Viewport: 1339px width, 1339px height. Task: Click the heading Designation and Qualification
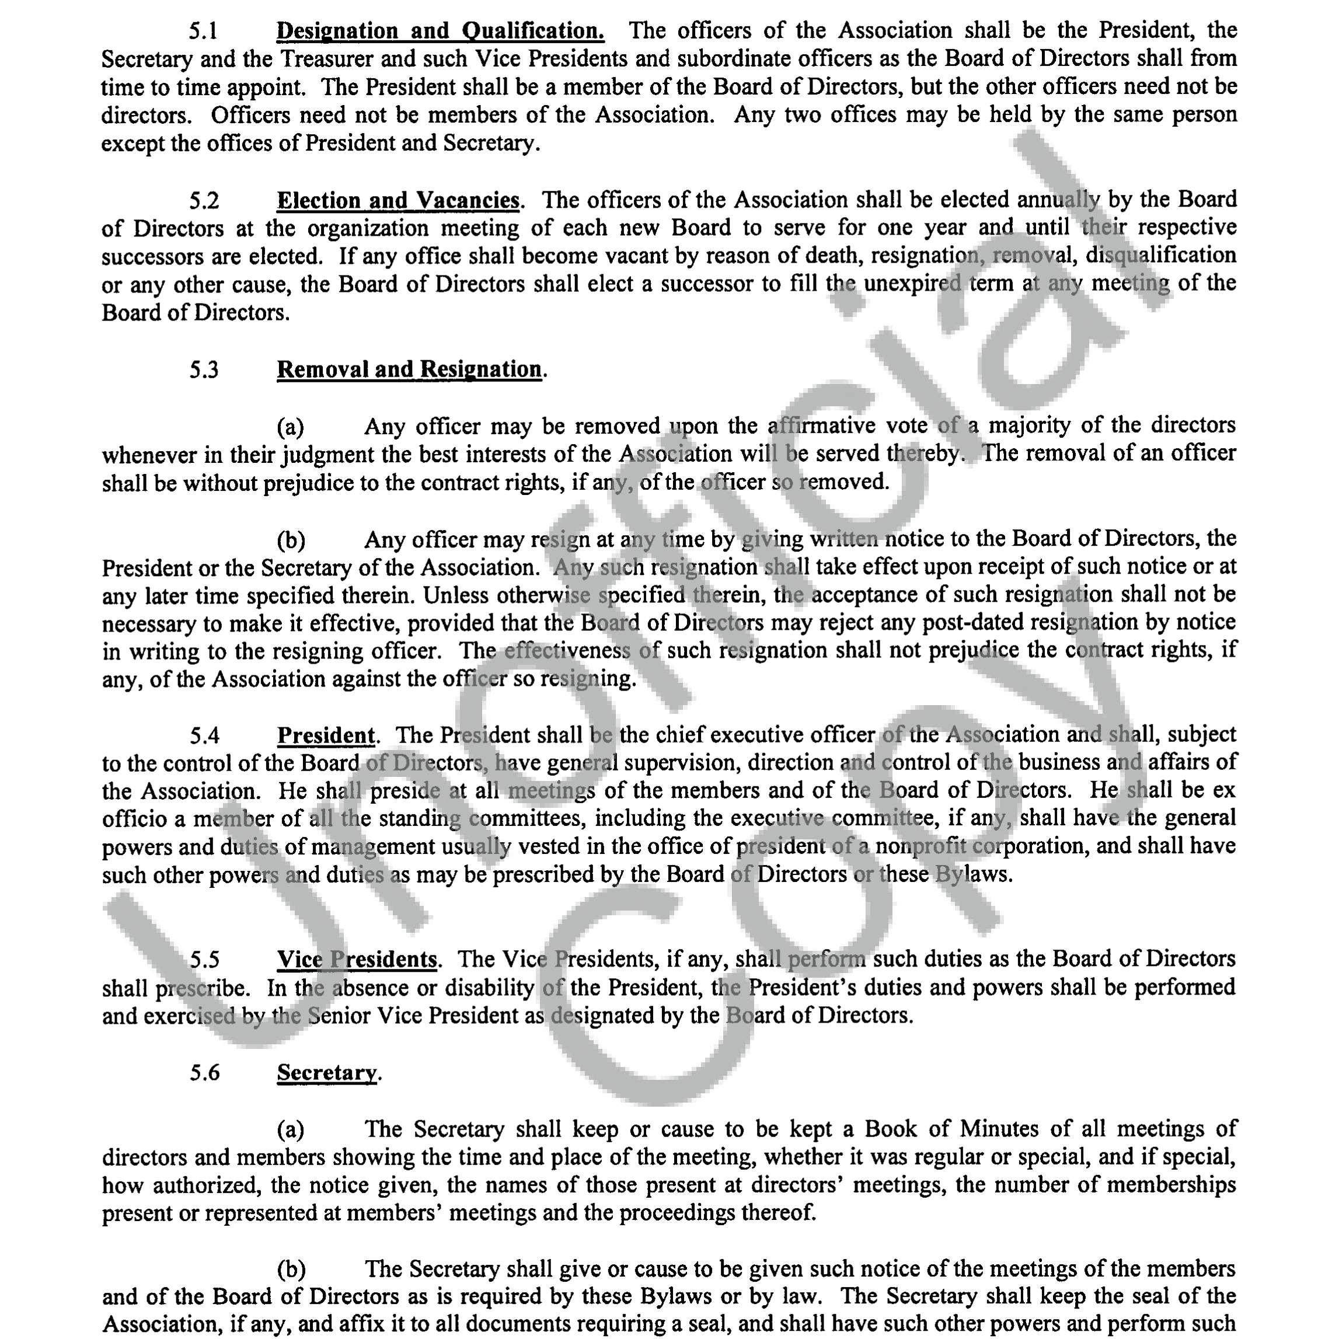click(440, 31)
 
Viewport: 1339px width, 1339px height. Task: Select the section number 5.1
click(204, 31)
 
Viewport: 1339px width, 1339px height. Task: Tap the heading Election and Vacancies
click(398, 200)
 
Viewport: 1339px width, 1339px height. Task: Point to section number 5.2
click(204, 201)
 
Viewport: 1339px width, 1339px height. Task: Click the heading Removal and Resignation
click(409, 369)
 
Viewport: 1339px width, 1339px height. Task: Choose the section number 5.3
click(204, 370)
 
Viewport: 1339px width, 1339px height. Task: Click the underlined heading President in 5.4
click(326, 735)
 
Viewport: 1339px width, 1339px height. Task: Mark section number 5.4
click(204, 736)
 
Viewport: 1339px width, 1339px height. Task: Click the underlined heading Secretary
click(327, 1073)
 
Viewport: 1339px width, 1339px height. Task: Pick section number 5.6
click(204, 1073)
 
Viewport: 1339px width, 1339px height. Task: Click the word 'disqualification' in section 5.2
click(1161, 256)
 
